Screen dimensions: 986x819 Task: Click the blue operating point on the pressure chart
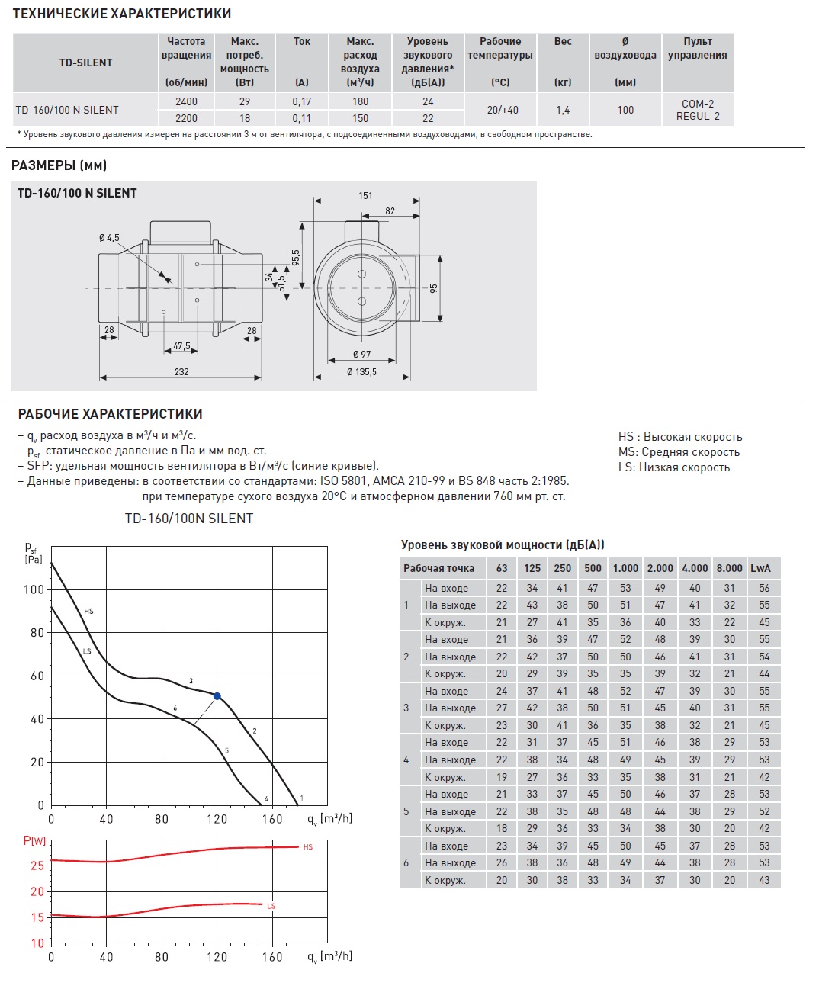[217, 696]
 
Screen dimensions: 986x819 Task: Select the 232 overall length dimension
[181, 372]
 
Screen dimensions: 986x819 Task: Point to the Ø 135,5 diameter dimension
[361, 372]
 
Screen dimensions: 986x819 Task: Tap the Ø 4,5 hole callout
[109, 238]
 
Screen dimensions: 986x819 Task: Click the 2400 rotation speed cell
[186, 101]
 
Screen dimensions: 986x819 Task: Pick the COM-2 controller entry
[698, 104]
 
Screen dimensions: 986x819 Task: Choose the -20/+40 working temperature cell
[500, 110]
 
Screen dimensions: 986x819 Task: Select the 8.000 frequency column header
[729, 568]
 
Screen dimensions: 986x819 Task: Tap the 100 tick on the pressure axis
[34, 589]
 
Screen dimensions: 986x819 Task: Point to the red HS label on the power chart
[308, 847]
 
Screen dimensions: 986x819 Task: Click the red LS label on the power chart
[271, 906]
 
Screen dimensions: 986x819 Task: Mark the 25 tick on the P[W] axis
[37, 866]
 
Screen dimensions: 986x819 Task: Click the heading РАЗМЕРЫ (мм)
[59, 165]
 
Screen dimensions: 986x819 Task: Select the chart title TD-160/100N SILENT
[189, 519]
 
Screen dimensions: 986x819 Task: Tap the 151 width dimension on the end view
[366, 196]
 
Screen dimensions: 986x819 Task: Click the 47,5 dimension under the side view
[181, 346]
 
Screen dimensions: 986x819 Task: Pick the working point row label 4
[406, 760]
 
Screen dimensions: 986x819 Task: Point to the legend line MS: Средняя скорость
[679, 452]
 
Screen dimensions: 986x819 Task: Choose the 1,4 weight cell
[563, 110]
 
